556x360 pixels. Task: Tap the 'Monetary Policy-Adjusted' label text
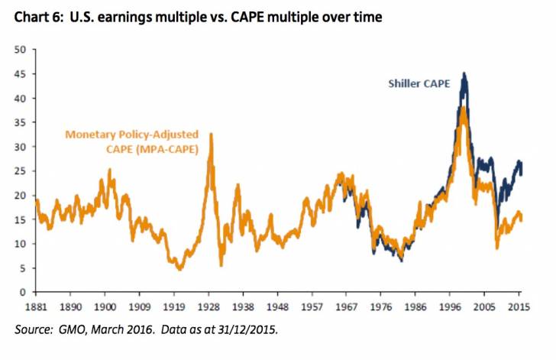(x=127, y=133)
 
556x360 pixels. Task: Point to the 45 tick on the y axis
(x=21, y=74)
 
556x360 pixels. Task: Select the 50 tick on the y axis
(x=21, y=50)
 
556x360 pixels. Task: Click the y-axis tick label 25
(x=21, y=171)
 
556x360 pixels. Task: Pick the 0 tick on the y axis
(x=24, y=292)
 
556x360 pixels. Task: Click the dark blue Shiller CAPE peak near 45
(x=464, y=74)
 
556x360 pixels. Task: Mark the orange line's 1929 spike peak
(x=211, y=135)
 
